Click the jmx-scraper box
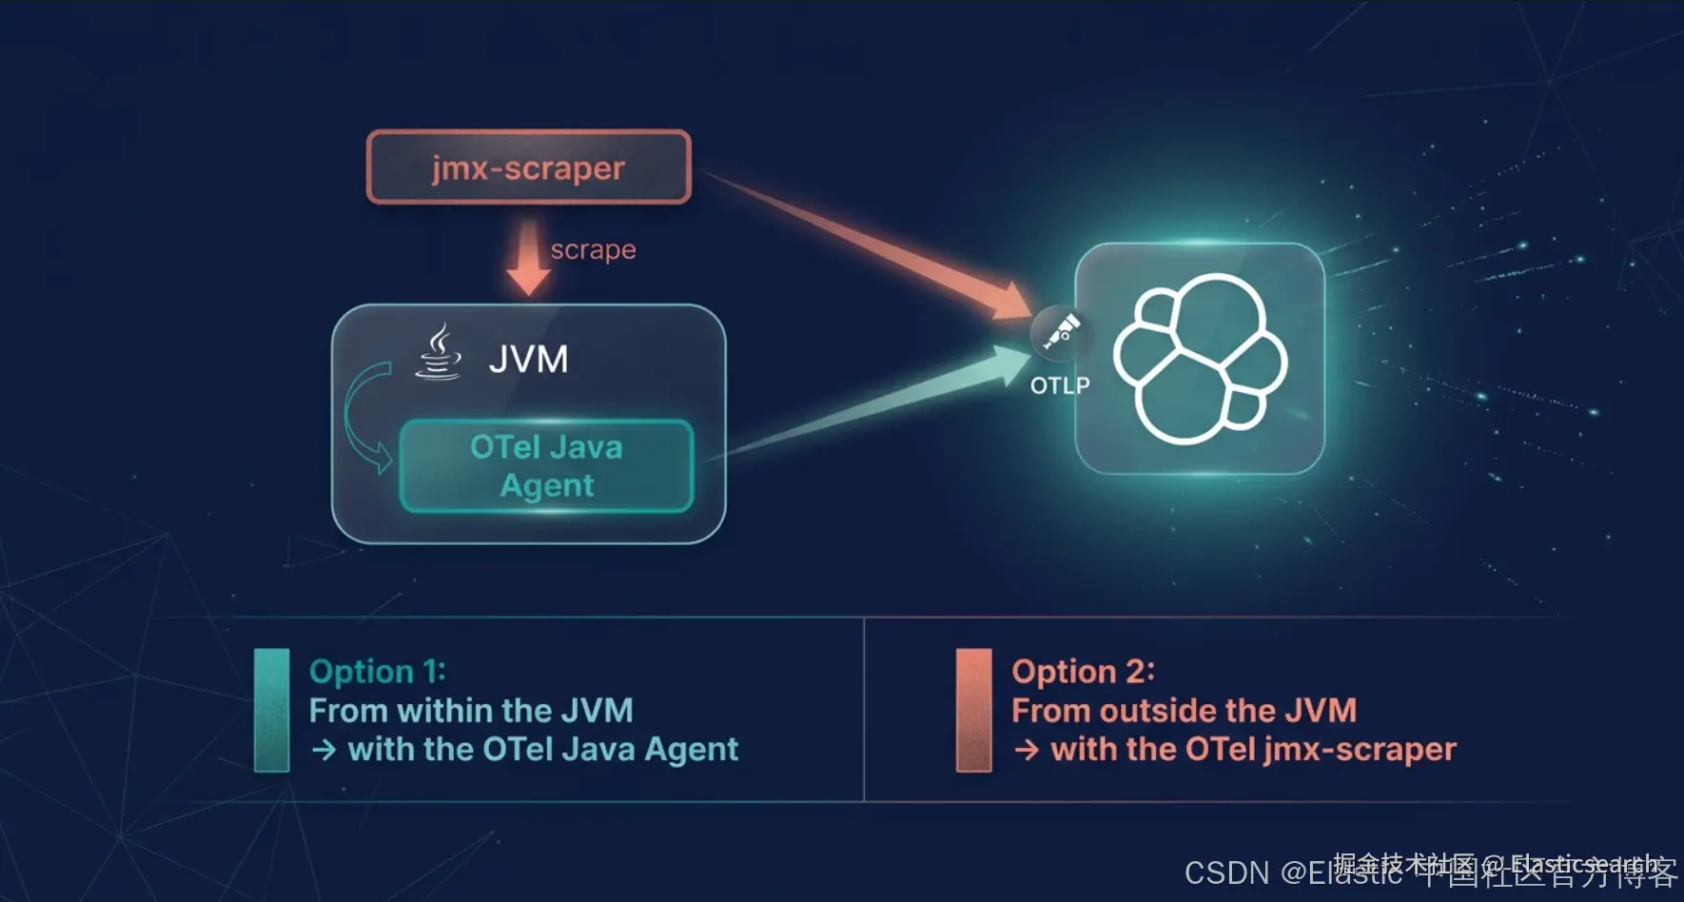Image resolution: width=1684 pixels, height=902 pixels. (x=528, y=167)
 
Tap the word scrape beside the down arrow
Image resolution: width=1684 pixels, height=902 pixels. (x=593, y=249)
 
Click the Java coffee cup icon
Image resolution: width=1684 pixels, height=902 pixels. (x=439, y=353)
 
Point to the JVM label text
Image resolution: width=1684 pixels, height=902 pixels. (x=528, y=360)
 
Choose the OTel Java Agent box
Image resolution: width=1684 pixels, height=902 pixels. (x=546, y=466)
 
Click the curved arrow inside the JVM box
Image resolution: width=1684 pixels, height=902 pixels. (x=362, y=416)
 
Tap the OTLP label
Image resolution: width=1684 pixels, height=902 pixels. (x=1060, y=385)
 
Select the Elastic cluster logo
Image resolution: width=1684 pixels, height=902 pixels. (x=1200, y=358)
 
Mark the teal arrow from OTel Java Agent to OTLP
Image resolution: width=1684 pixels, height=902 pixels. (x=875, y=404)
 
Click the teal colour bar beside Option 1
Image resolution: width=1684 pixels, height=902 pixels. (x=271, y=710)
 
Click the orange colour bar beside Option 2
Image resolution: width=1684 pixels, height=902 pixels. (x=973, y=710)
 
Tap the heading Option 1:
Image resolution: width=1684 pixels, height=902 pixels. (x=377, y=672)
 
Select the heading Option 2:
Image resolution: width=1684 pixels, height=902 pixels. (x=1083, y=672)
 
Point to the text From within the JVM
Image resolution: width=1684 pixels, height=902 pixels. (x=471, y=711)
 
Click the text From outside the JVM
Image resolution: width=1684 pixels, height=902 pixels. (x=1184, y=711)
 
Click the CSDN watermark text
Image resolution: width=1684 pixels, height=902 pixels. (x=1226, y=873)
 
